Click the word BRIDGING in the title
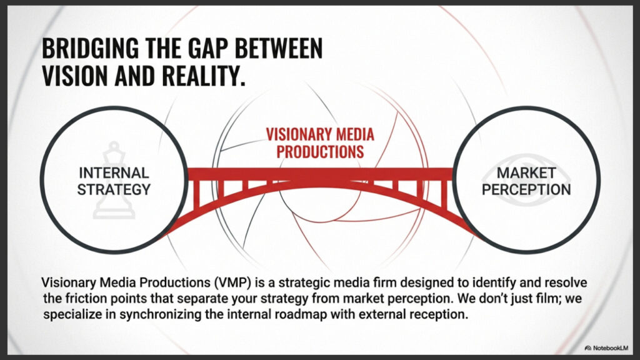coord(91,48)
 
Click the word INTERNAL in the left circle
coord(114,173)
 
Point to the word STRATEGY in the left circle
coord(114,190)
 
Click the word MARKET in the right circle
coord(526,173)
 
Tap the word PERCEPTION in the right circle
coord(526,190)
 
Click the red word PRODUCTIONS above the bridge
coord(320,152)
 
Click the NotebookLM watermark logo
coord(587,348)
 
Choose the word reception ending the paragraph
coord(439,315)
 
